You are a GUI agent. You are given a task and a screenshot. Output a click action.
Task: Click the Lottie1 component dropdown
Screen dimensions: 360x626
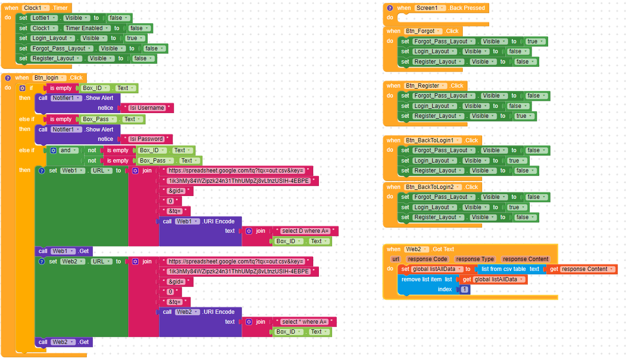click(44, 18)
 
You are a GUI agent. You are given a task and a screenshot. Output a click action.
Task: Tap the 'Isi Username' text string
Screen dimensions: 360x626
click(147, 108)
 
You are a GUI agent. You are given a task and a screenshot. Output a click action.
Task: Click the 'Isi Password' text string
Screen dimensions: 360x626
click(146, 139)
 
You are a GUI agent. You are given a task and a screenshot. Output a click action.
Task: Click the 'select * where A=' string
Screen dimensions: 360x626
click(304, 322)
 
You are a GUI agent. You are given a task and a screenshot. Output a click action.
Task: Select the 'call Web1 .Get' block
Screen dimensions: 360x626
click(64, 251)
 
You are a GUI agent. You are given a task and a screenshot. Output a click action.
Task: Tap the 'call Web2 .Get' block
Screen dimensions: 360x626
click(64, 342)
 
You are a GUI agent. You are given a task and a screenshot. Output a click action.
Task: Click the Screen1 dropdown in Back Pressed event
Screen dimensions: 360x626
click(430, 8)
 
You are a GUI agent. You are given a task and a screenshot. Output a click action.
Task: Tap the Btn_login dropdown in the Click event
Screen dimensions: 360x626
click(49, 78)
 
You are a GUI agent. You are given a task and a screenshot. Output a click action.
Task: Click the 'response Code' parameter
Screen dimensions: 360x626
click(427, 259)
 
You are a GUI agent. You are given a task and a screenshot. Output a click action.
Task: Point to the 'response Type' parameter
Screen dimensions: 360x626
click(475, 259)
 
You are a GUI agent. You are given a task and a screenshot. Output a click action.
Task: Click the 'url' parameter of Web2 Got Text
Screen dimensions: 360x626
click(395, 259)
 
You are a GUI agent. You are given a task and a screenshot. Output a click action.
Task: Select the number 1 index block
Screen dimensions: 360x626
click(465, 289)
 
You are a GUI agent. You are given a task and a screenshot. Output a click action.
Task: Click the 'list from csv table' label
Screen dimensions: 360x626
click(503, 269)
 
